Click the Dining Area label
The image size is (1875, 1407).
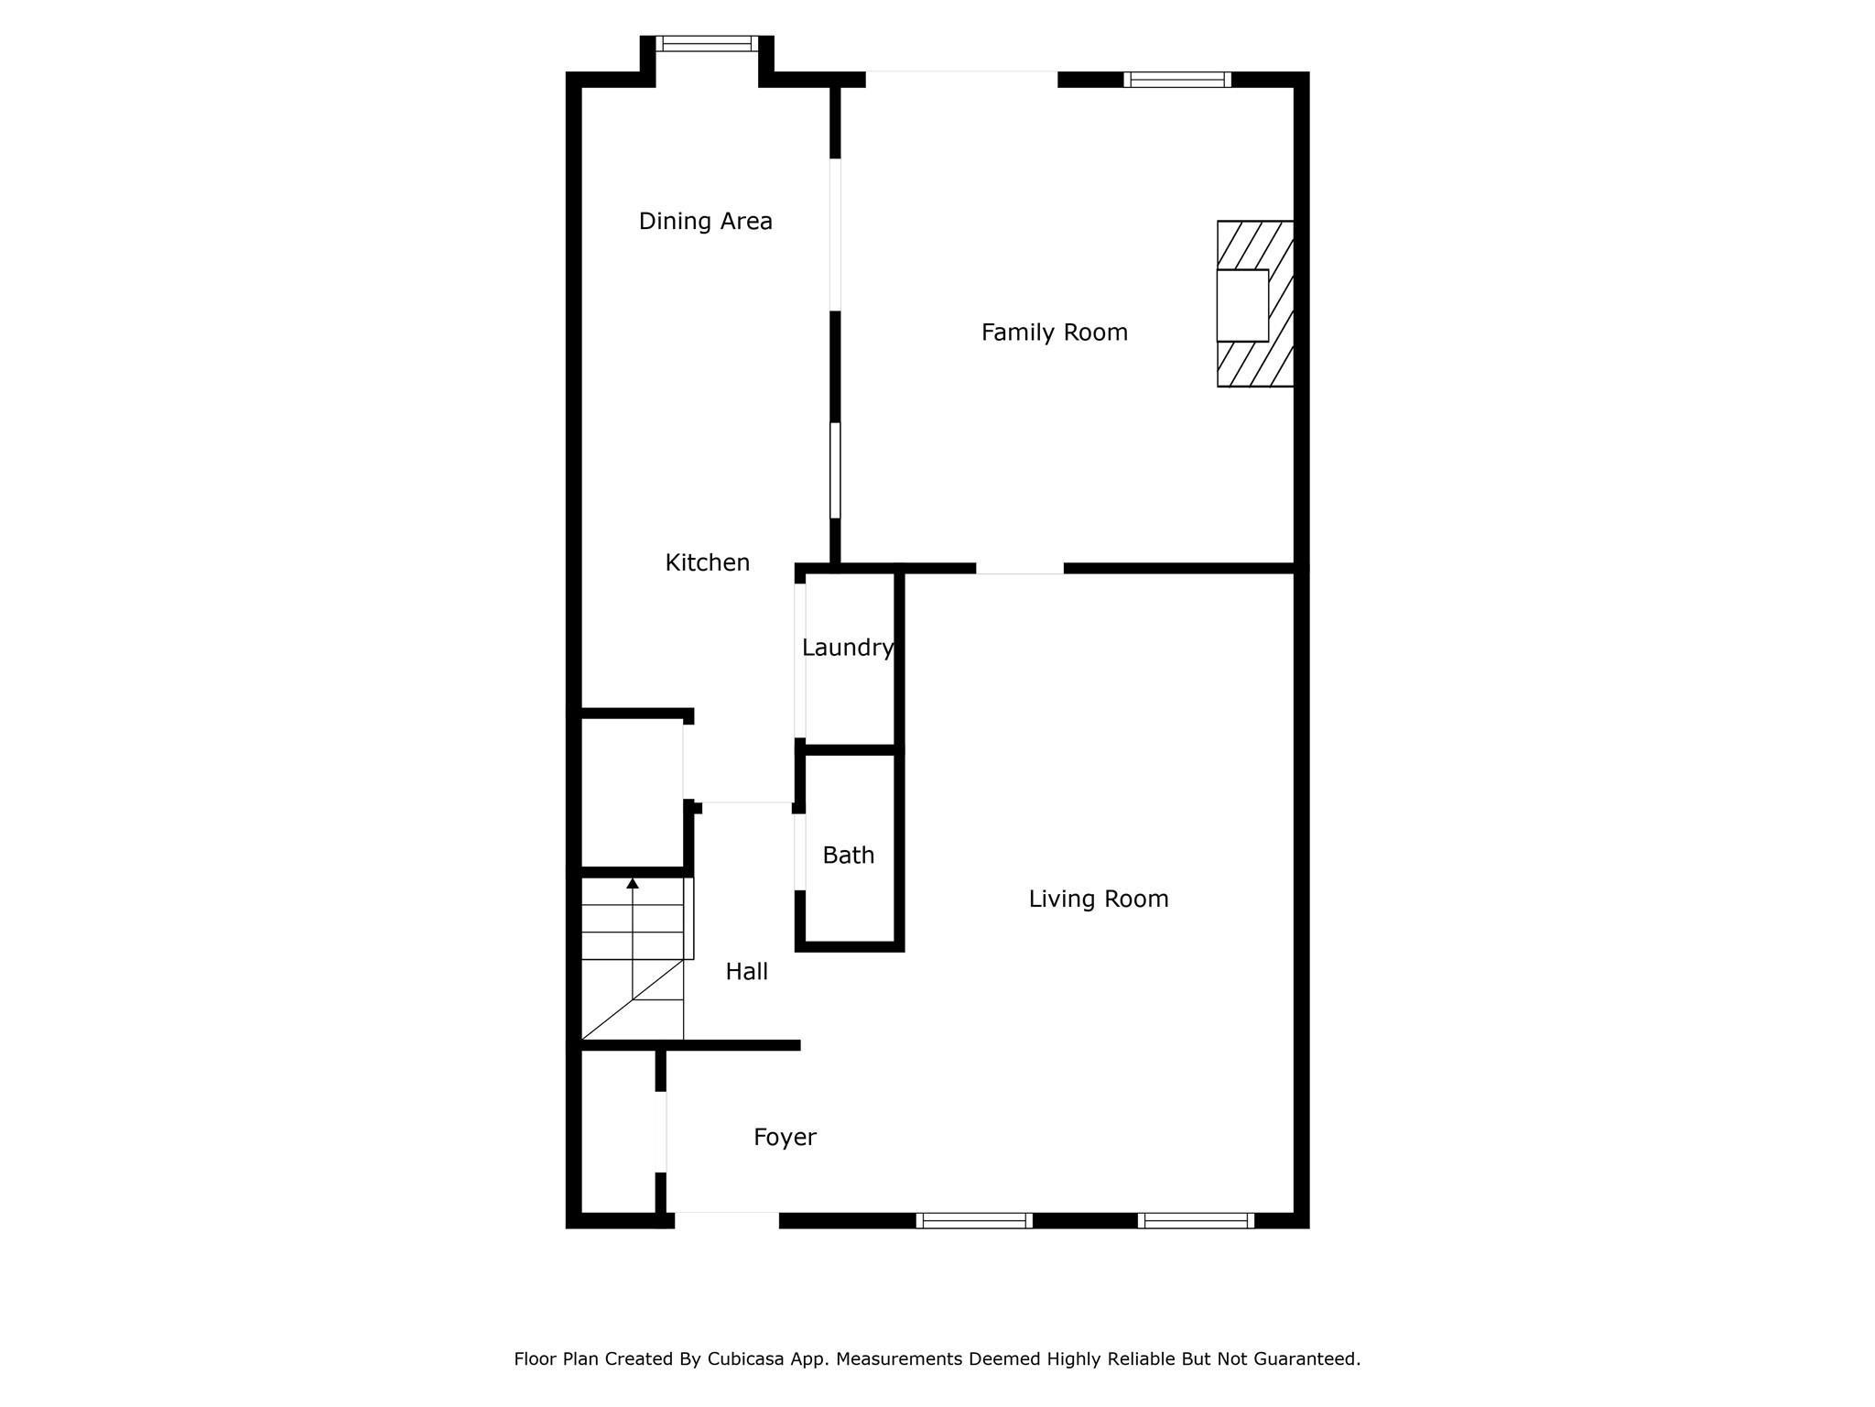(705, 221)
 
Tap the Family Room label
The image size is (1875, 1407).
(1054, 333)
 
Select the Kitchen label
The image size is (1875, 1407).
(707, 562)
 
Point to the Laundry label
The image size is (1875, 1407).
(848, 649)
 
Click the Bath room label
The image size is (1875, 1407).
(848, 856)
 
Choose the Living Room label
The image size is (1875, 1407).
(1099, 900)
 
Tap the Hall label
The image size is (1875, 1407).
(746, 972)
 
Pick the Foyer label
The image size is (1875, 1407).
(785, 1138)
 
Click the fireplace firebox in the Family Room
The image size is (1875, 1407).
(1242, 305)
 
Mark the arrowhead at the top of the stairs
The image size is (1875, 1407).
(633, 883)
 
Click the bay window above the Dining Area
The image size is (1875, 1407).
(707, 43)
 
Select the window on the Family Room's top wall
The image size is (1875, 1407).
(1177, 80)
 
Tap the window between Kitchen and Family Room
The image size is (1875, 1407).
(835, 471)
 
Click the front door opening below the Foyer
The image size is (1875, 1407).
(727, 1219)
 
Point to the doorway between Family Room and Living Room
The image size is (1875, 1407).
(1020, 569)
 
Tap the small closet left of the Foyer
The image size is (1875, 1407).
(619, 1131)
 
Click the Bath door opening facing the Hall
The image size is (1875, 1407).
(800, 852)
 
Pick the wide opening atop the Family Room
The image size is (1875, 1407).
(961, 80)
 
